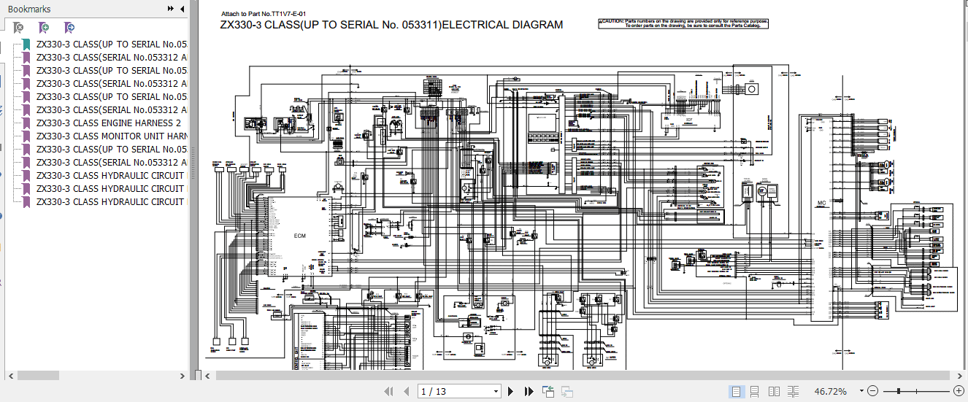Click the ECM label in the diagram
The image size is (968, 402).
point(300,236)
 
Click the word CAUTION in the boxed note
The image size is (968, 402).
point(614,21)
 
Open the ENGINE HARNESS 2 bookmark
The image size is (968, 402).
point(110,123)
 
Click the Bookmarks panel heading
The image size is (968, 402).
point(29,9)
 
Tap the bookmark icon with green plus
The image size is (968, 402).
point(44,28)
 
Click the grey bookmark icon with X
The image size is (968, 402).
point(19,28)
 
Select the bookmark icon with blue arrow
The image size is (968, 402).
point(69,28)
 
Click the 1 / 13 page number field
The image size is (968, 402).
point(458,392)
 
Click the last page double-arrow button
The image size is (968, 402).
point(528,392)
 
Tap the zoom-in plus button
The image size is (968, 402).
point(959,392)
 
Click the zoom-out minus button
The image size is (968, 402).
point(872,392)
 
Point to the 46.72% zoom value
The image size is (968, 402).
point(831,392)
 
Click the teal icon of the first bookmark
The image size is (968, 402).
point(26,45)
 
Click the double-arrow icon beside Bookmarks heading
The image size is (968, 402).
point(171,9)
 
